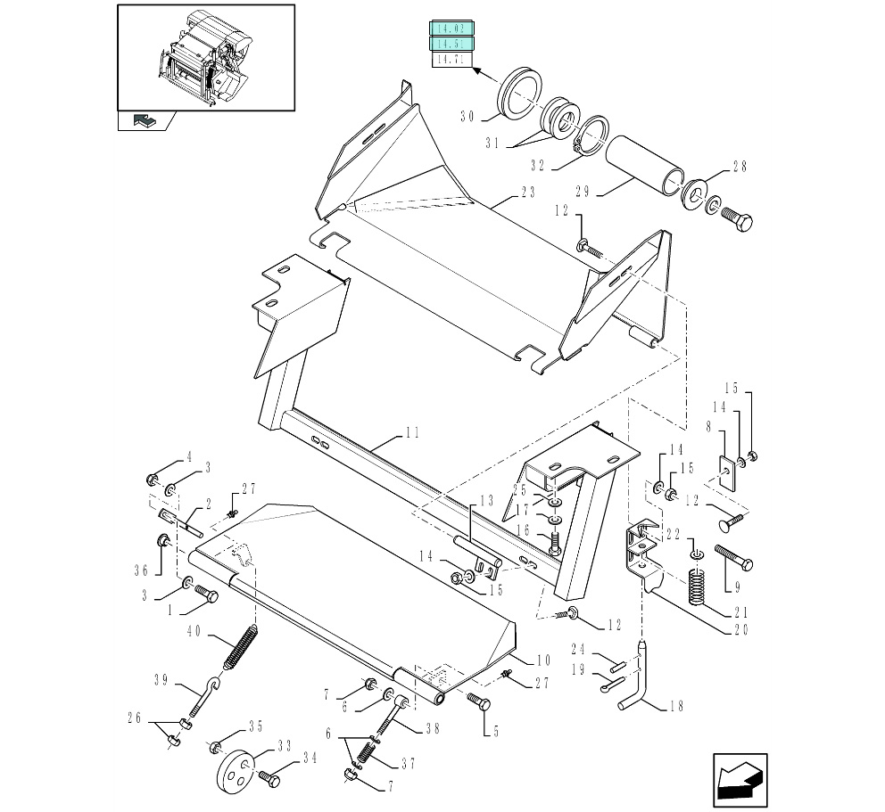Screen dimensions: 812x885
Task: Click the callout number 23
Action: (x=528, y=192)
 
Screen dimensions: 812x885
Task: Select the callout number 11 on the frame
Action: (x=411, y=433)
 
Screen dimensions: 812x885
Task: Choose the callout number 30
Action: (x=467, y=117)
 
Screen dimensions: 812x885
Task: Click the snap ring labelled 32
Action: (x=591, y=135)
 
